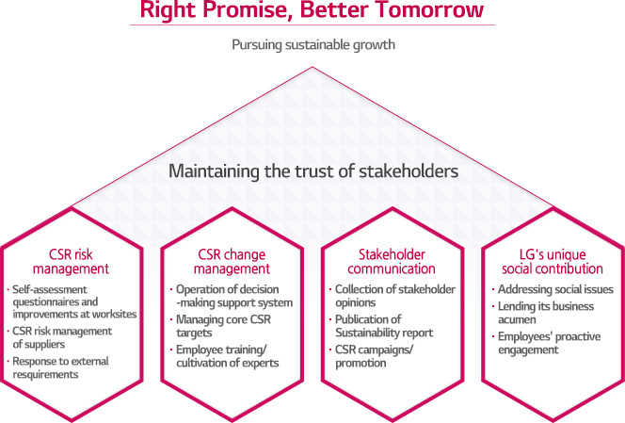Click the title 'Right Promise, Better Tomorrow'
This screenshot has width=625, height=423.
[x=312, y=9]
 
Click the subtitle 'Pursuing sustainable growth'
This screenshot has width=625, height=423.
[x=313, y=44]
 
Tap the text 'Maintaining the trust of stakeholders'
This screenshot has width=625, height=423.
[x=313, y=171]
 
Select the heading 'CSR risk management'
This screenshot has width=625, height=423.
[x=71, y=261]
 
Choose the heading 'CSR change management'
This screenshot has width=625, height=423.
[x=232, y=261]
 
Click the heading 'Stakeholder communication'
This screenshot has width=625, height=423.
[x=392, y=261]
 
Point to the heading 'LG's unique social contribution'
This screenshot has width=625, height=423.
[x=553, y=261]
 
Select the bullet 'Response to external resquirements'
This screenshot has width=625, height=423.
[x=58, y=367]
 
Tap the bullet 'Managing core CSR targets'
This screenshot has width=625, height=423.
[x=220, y=326]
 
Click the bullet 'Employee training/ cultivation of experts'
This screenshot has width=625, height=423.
[x=224, y=356]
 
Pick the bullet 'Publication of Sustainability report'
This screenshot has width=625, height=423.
[x=381, y=326]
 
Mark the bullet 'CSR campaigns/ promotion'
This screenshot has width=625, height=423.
[x=371, y=356]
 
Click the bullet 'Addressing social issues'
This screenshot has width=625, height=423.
[x=553, y=289]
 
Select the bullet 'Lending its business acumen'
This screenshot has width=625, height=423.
[x=543, y=313]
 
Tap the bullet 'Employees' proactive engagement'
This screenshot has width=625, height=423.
[x=547, y=343]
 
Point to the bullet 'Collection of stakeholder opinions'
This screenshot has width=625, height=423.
[x=393, y=296]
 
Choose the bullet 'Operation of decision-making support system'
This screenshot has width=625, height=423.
[x=232, y=296]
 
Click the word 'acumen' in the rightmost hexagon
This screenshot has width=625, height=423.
[x=517, y=319]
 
